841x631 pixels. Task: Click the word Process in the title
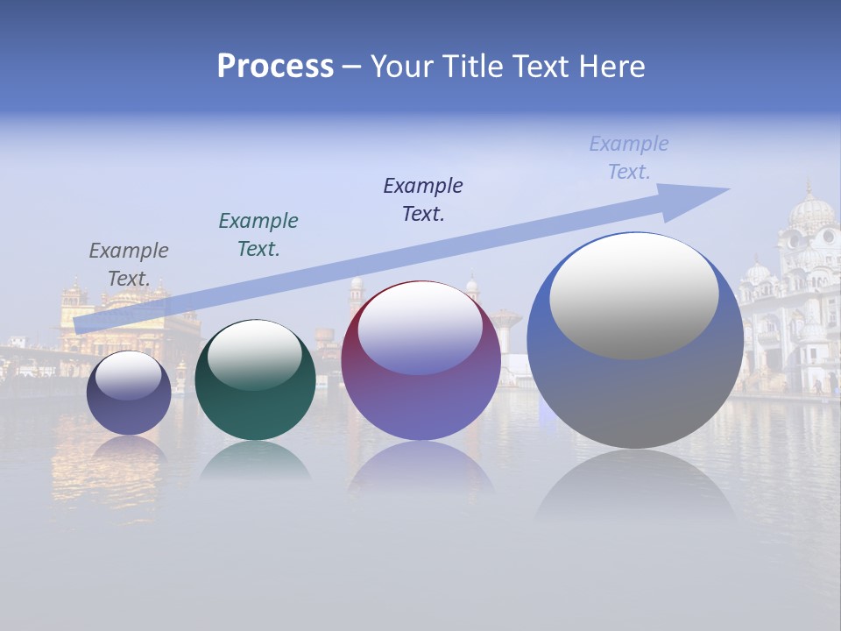[275, 67]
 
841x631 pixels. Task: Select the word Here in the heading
[611, 67]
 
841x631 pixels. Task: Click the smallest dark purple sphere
[129, 403]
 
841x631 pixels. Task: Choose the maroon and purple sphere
[420, 386]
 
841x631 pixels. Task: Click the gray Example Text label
[129, 265]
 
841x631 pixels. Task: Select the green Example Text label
[258, 235]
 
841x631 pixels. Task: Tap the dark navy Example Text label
[423, 200]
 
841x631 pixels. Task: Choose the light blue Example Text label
[629, 158]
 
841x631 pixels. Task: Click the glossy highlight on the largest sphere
[634, 296]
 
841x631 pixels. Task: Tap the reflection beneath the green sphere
[255, 462]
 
